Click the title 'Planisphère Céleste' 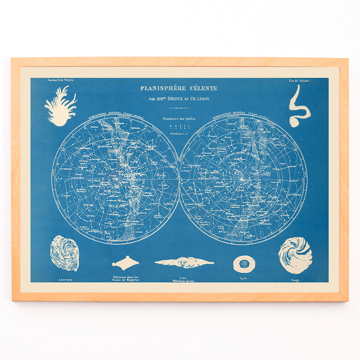click(x=179, y=88)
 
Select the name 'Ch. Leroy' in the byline click(x=201, y=99)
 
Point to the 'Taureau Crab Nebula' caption click(x=59, y=80)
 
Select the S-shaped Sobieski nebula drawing click(x=298, y=106)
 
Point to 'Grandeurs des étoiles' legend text click(x=179, y=119)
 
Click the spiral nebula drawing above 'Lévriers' click(x=65, y=253)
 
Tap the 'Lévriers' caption click(x=65, y=280)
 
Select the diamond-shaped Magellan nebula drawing click(x=125, y=263)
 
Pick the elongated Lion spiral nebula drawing click(x=184, y=262)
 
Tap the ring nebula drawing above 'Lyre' click(x=244, y=264)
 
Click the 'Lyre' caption click(x=243, y=278)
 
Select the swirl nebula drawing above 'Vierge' click(x=295, y=255)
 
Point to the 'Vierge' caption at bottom click(x=295, y=280)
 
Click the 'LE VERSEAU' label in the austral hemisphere click(x=66, y=169)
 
